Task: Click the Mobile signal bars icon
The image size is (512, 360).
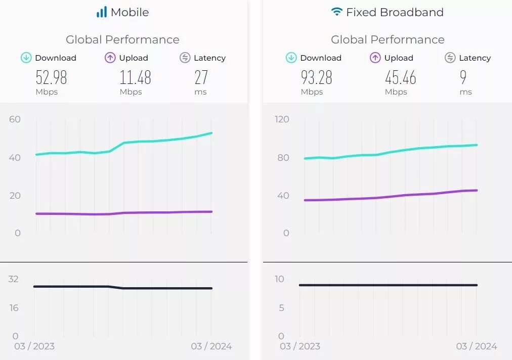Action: (x=102, y=12)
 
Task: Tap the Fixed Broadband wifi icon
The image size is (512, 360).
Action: (x=336, y=12)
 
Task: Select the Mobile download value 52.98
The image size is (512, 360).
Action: (x=51, y=77)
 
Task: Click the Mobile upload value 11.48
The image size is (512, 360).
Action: (x=135, y=77)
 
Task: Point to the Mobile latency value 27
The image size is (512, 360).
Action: (x=201, y=77)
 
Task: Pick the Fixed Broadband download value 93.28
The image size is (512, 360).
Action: (x=316, y=77)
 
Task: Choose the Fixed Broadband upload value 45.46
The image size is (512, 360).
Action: (x=400, y=77)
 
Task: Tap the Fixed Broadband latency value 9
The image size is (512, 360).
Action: (x=463, y=77)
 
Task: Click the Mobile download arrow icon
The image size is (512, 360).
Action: (x=26, y=58)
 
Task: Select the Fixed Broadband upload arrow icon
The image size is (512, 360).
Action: (x=375, y=58)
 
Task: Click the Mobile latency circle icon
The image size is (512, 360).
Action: (x=185, y=58)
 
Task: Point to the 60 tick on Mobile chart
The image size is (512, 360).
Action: (x=15, y=119)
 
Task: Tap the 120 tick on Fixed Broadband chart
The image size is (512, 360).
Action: (x=282, y=119)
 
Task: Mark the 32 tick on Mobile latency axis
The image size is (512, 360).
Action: (x=13, y=279)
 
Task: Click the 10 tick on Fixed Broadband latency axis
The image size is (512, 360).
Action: (x=279, y=279)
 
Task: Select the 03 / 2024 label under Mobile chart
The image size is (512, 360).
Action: (x=211, y=346)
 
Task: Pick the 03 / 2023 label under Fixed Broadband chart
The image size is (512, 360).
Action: (x=300, y=346)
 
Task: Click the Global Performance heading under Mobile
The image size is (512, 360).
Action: (x=122, y=39)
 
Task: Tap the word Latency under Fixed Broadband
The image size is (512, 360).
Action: (x=475, y=58)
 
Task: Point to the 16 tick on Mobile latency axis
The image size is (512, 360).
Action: (x=14, y=307)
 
